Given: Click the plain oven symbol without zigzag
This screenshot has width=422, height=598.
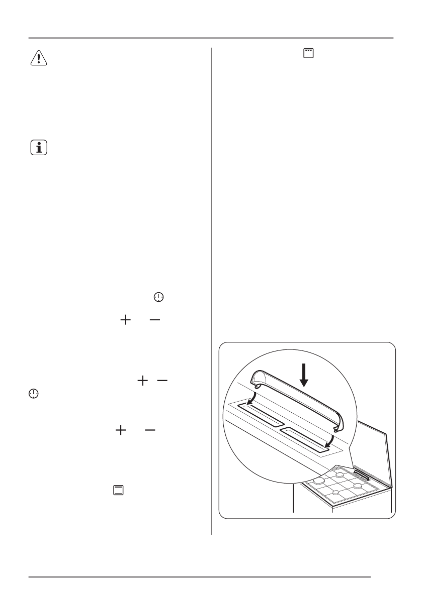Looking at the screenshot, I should click(119, 490).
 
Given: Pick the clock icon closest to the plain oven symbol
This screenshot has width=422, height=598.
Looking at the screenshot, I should click(33, 394).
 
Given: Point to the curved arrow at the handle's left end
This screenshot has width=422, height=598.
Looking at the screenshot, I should click(252, 401).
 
